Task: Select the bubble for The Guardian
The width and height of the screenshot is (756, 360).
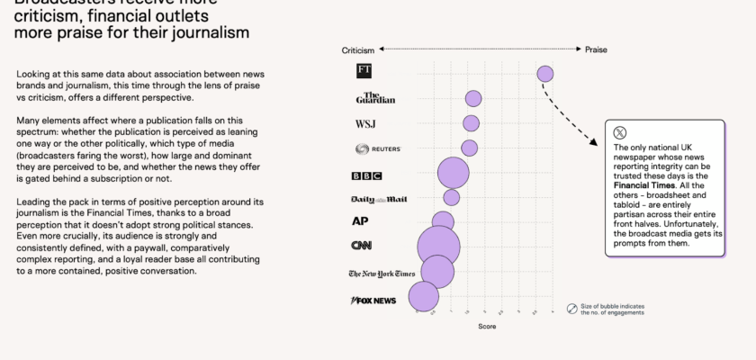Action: [x=473, y=99]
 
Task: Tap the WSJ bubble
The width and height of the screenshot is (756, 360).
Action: [x=471, y=123]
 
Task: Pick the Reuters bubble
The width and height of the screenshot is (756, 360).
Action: [x=470, y=148]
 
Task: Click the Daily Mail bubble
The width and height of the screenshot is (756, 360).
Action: [x=452, y=197]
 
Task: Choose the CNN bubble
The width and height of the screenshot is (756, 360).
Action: [x=439, y=247]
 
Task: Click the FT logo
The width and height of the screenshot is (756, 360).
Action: [x=364, y=70]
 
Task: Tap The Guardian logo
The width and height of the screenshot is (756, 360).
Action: [x=375, y=97]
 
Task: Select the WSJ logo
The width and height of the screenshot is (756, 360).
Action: [x=367, y=123]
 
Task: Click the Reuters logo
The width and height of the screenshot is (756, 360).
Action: [x=378, y=148]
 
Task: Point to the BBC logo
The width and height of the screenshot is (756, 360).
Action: [x=366, y=175]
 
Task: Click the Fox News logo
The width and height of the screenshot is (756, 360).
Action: [x=373, y=300]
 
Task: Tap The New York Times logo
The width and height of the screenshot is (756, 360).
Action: [x=382, y=274]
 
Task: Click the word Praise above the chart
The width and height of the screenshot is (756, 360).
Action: [x=597, y=49]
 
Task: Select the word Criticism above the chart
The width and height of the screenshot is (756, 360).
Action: [x=356, y=49]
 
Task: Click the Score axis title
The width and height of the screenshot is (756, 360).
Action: [x=487, y=327]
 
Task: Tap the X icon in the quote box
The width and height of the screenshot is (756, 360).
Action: [x=620, y=132]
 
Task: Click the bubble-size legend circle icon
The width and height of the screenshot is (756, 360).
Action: [x=571, y=309]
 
